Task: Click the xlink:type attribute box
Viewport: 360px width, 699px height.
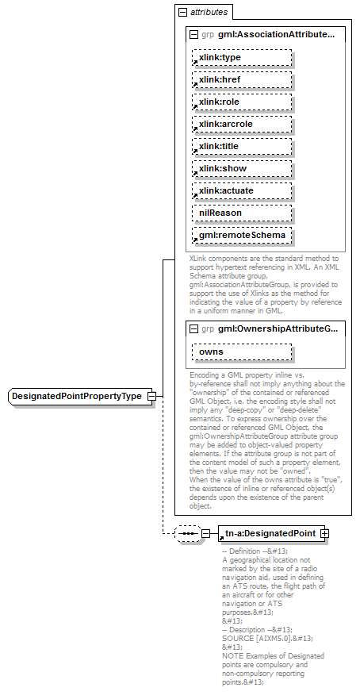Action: point(242,58)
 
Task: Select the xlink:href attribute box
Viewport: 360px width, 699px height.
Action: point(242,80)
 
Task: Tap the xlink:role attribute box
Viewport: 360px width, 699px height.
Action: point(242,102)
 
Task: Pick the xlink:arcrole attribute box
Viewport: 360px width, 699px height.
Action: point(242,125)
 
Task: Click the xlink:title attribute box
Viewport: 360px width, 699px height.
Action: point(242,147)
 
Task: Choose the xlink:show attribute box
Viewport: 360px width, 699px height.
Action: point(242,169)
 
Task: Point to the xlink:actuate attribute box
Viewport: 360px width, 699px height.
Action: point(242,191)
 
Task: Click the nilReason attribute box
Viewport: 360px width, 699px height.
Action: point(242,213)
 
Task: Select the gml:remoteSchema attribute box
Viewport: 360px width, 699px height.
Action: point(242,236)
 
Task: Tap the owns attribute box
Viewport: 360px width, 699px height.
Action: point(242,351)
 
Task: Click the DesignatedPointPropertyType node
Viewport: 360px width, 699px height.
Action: point(78,396)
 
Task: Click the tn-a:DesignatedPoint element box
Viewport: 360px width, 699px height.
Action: point(269,512)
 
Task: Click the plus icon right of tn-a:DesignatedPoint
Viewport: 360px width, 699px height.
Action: point(325,512)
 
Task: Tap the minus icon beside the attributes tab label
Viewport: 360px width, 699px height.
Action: point(183,13)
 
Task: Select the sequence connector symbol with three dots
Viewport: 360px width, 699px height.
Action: point(188,512)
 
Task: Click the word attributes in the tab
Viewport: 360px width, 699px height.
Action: point(209,13)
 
